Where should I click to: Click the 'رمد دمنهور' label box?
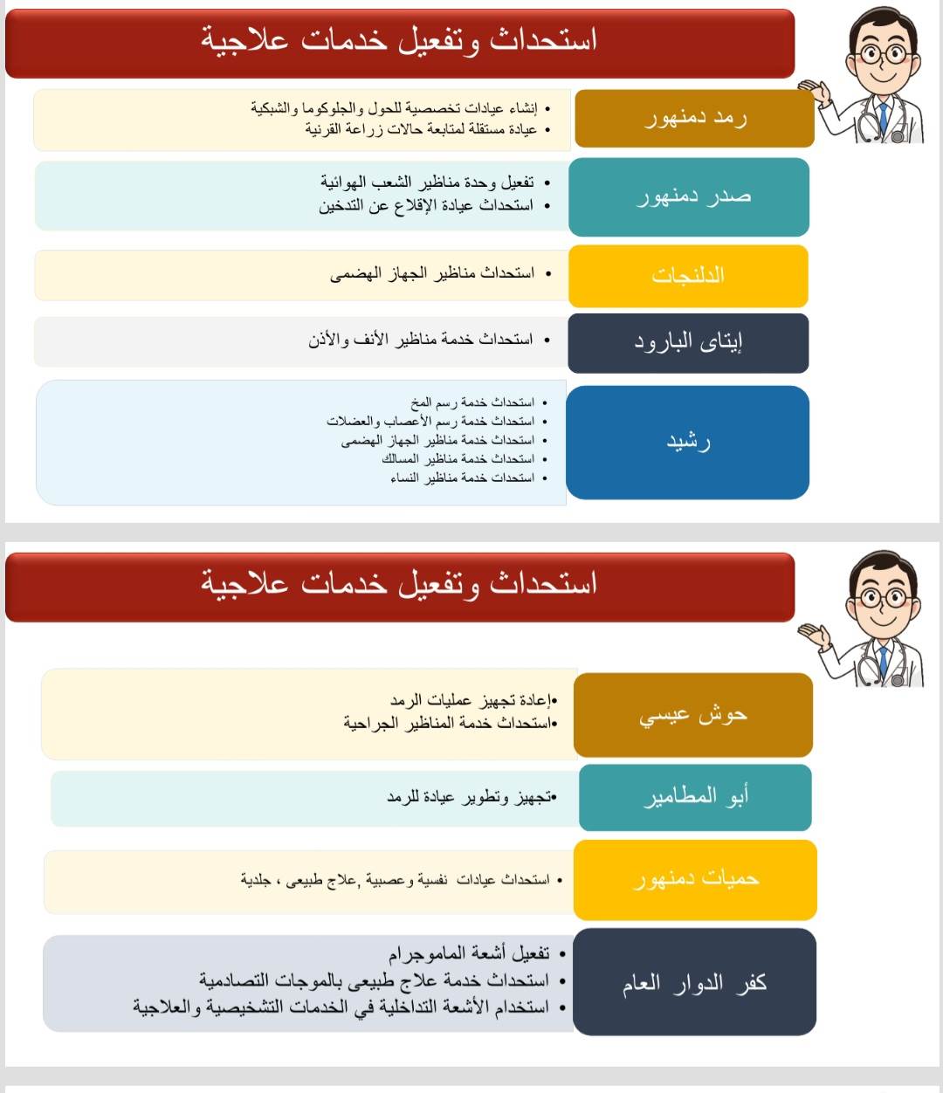point(694,118)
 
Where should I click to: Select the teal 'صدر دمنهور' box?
point(689,196)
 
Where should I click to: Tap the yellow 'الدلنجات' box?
point(688,276)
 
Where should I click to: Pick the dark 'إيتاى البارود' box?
point(688,342)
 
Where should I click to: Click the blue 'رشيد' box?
point(688,442)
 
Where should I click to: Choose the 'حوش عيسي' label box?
point(693,715)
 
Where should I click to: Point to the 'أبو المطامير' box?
point(695,797)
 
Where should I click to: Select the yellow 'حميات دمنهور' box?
point(695,879)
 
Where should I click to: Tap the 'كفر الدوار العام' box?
point(694,983)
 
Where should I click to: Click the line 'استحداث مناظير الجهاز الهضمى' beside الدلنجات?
point(432,274)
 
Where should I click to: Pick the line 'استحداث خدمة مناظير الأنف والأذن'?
point(421,340)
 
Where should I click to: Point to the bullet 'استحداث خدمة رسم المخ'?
point(472,402)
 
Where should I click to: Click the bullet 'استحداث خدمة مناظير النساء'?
point(462,478)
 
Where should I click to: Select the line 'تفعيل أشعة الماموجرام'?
point(469,953)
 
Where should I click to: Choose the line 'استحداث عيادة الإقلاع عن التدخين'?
point(426,206)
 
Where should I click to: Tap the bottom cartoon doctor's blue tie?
point(884,663)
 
